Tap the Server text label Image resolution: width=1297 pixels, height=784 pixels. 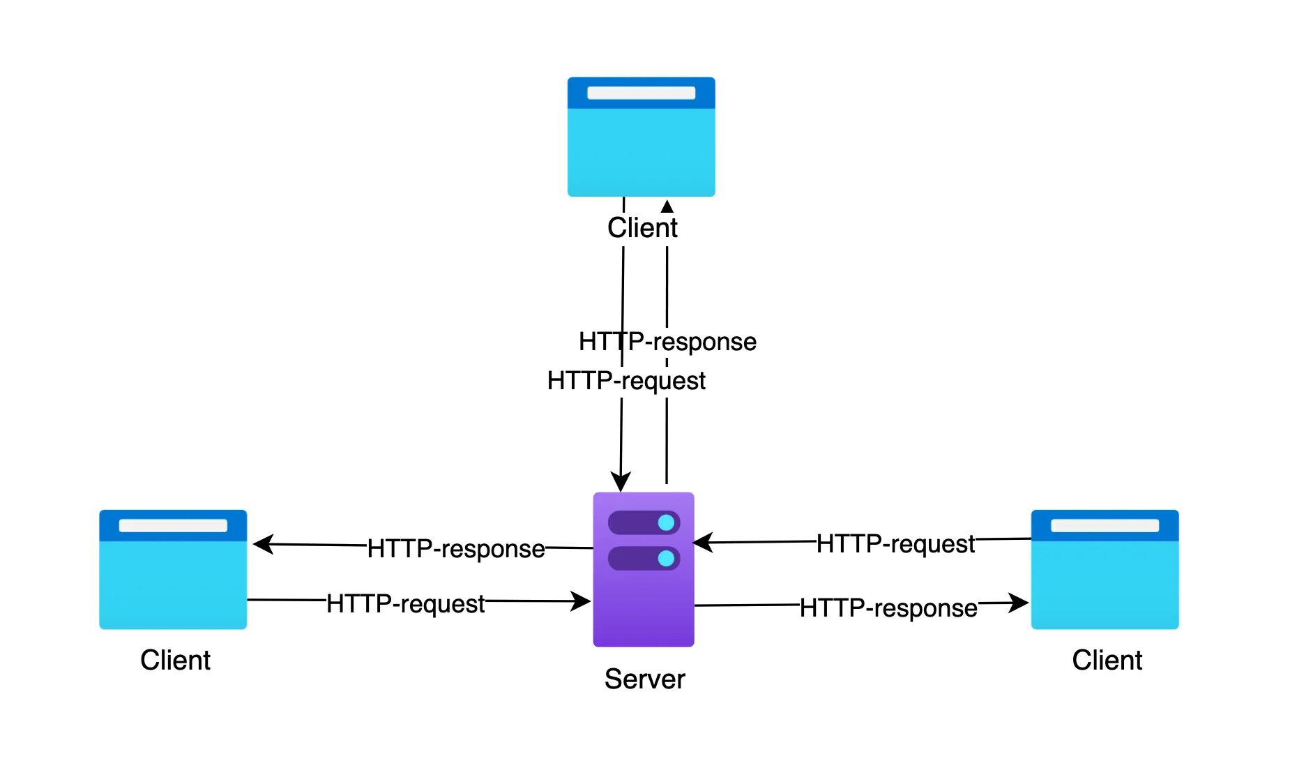click(644, 679)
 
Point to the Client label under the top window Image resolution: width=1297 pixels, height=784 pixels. click(642, 228)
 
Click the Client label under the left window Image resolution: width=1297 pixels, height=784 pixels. click(175, 660)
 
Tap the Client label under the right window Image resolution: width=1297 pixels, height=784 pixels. click(1107, 660)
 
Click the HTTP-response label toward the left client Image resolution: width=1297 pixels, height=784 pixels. click(456, 549)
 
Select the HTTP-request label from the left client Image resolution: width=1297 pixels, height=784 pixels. click(405, 603)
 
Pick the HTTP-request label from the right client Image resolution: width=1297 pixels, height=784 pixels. click(895, 543)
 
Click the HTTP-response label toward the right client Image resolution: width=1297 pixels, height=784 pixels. click(888, 608)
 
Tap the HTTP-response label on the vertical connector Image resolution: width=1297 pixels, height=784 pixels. click(667, 342)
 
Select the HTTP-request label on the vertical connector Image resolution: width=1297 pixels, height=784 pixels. click(626, 381)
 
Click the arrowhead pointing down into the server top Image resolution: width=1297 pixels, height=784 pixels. click(621, 482)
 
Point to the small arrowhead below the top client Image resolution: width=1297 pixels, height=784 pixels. click(667, 206)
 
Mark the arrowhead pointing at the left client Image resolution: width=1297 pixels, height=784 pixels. click(263, 544)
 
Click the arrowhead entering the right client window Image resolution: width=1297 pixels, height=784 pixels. click(1019, 603)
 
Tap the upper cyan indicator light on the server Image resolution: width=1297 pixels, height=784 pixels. click(666, 522)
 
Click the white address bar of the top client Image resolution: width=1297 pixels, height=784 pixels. click(641, 93)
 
